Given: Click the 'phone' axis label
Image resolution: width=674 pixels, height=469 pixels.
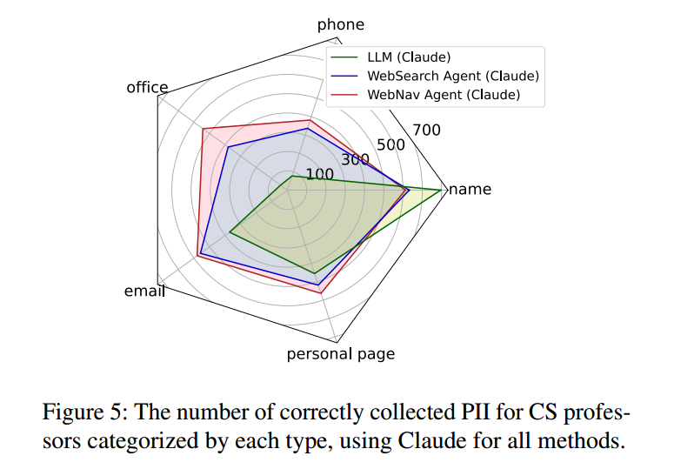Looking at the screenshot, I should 340,24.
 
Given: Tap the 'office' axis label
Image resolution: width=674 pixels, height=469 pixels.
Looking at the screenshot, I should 147,87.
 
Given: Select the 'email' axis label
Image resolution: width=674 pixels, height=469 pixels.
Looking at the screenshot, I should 143,291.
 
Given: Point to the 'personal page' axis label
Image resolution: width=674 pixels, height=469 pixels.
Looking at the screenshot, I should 340,354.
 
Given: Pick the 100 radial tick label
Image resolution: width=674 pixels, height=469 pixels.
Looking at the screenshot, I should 319,174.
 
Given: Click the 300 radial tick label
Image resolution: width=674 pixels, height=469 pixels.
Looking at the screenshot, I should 356,159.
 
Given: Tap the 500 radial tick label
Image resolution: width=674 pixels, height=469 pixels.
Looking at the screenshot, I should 391,144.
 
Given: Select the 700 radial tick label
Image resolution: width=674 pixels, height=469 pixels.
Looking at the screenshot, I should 426,130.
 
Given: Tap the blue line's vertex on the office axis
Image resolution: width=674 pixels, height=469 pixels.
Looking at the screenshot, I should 227,147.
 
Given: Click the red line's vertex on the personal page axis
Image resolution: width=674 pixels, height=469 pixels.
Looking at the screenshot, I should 322,292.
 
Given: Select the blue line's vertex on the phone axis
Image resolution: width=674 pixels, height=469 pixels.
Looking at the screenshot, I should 307,129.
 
